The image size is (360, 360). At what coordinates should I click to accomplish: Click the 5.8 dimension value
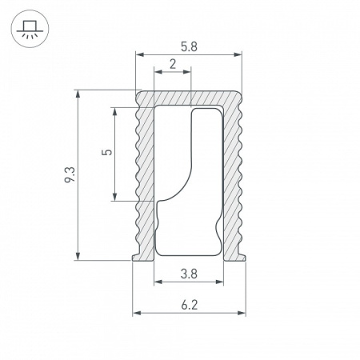[x=189, y=46]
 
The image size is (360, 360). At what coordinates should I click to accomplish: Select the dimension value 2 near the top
[x=173, y=65]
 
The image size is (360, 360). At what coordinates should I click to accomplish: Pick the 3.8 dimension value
[x=189, y=274]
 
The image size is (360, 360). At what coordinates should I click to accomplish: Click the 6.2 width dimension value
[x=189, y=304]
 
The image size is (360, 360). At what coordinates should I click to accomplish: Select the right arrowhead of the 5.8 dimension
[x=238, y=55]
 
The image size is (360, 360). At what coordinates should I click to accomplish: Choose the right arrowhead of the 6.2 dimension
[x=241, y=312]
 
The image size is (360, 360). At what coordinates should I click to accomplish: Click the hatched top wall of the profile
[x=189, y=97]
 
